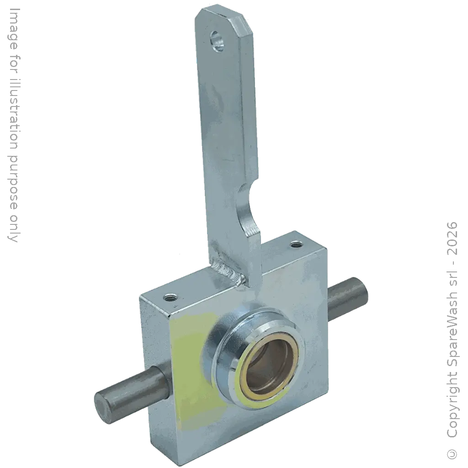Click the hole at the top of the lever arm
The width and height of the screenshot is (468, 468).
click(218, 42)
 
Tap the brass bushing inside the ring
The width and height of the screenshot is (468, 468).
click(269, 369)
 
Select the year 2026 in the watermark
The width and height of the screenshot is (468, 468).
click(452, 238)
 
